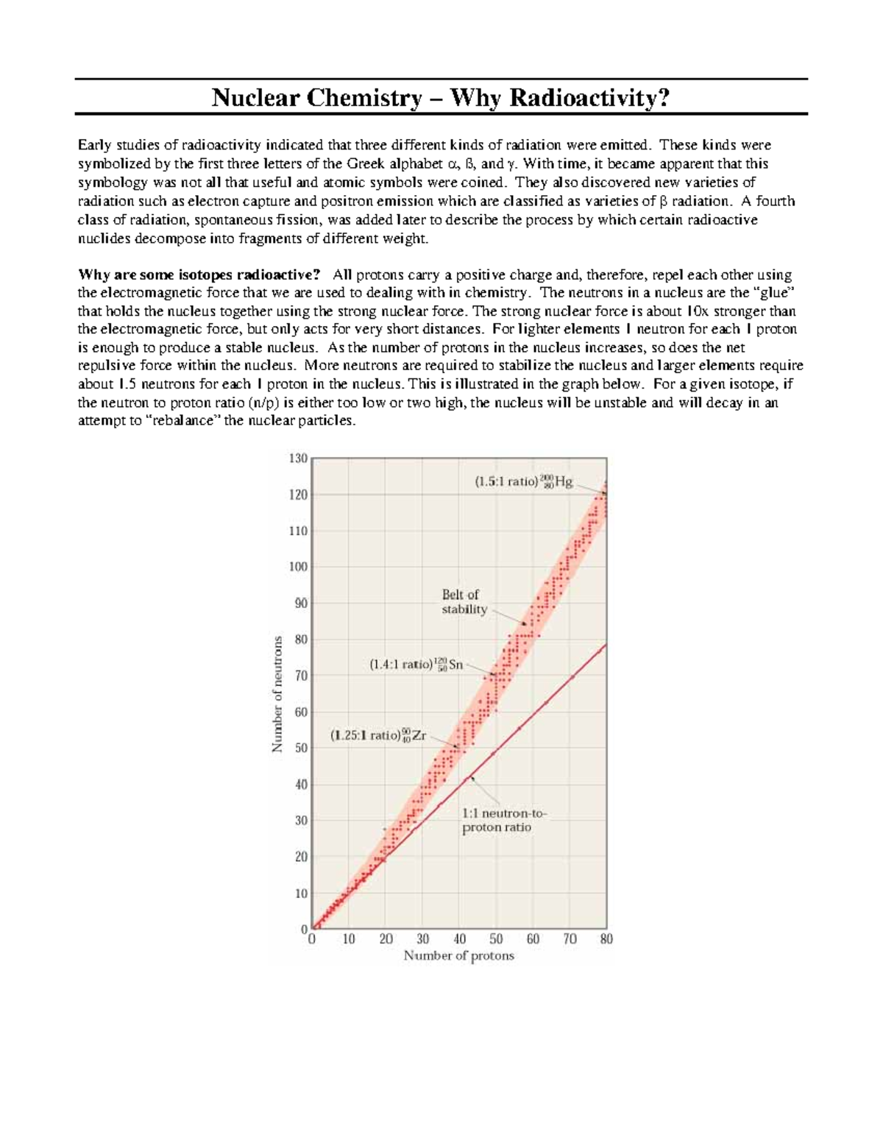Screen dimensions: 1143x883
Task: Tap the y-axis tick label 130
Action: click(x=297, y=459)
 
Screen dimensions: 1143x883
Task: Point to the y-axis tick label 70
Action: click(x=300, y=676)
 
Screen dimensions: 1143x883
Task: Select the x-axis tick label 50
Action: click(x=496, y=939)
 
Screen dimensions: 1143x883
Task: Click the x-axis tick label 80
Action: click(x=606, y=939)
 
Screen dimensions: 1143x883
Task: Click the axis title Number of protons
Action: click(x=458, y=956)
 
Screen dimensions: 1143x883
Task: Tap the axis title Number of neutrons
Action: click(x=277, y=694)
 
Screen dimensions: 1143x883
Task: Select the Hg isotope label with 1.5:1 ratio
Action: click(x=522, y=483)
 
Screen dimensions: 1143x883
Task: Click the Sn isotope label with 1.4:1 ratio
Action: click(x=416, y=664)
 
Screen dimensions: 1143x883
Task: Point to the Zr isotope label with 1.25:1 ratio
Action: click(x=377, y=735)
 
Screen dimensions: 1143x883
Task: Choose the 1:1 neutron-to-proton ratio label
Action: click(x=504, y=821)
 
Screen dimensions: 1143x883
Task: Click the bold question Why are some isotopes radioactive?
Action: click(x=199, y=275)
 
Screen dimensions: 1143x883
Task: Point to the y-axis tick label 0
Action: click(x=304, y=930)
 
